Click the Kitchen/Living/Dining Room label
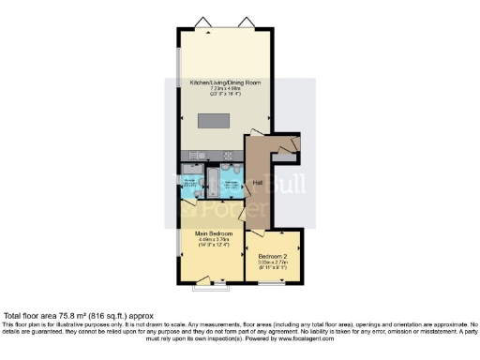point(225,82)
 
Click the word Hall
point(257,182)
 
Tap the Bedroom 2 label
point(273,255)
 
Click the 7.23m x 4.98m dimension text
point(225,89)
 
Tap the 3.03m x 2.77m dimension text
point(273,262)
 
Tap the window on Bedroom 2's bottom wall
point(273,280)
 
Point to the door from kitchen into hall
point(255,134)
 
